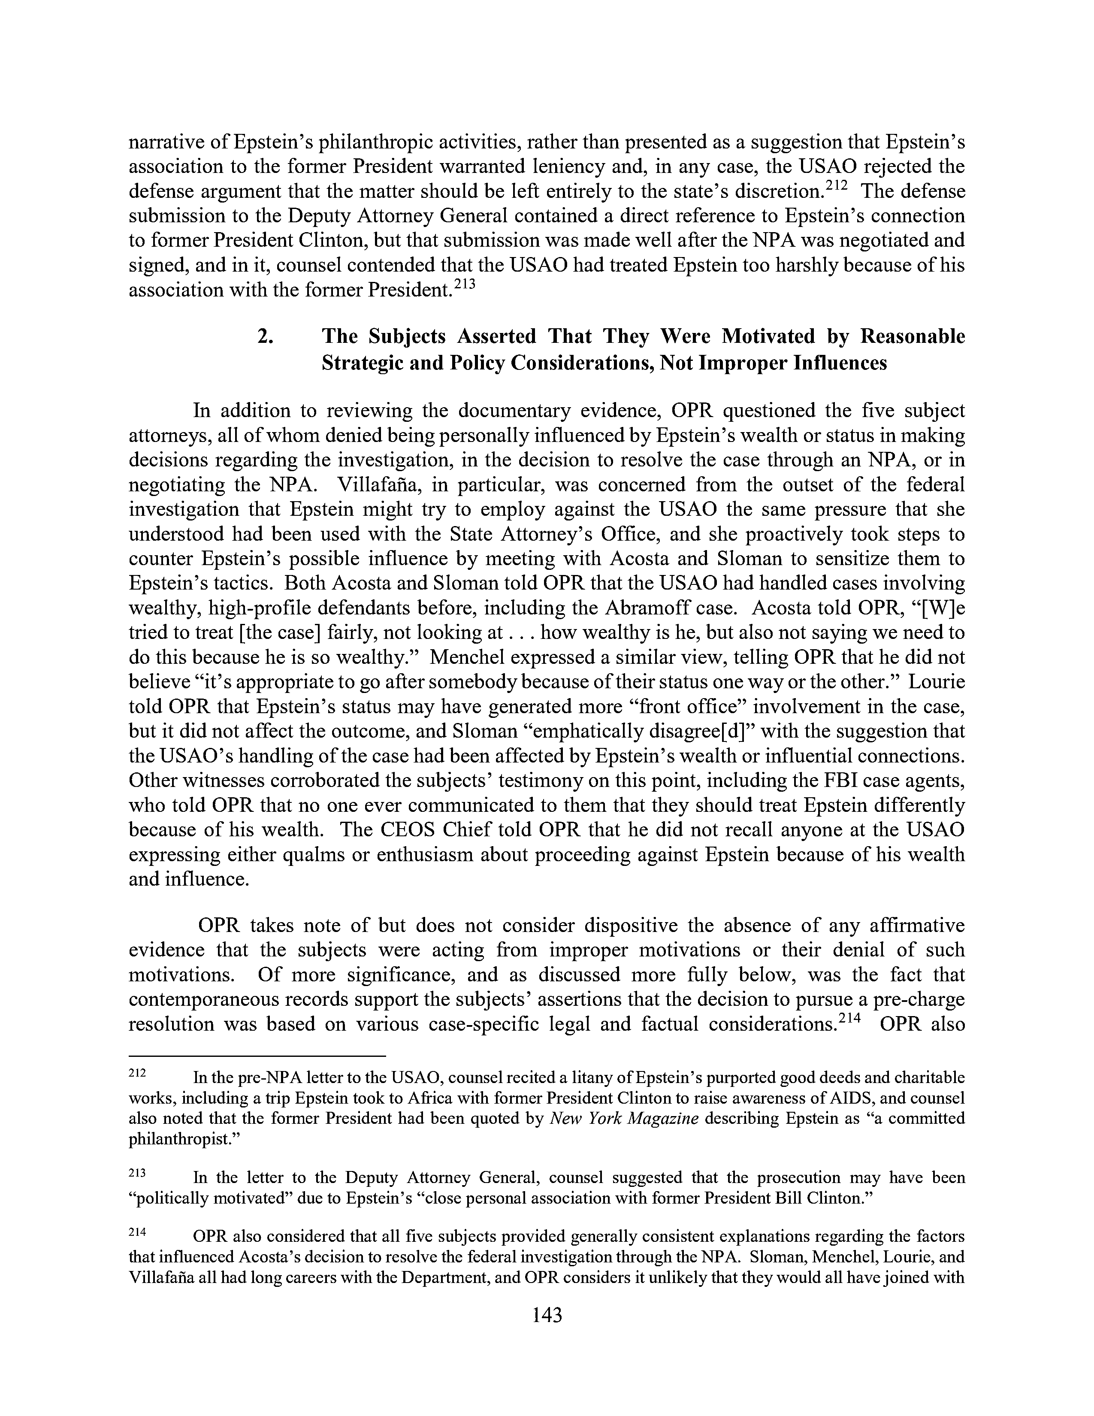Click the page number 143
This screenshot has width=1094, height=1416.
coord(546,1316)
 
